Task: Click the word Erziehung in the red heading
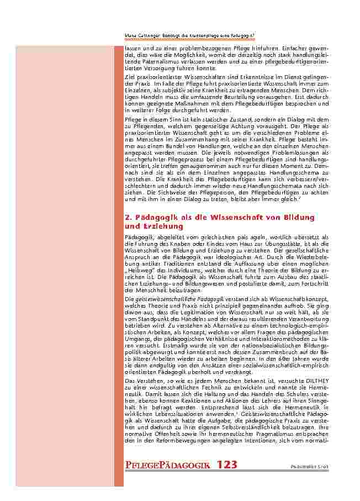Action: (x=161, y=226)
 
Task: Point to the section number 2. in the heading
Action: (x=129, y=217)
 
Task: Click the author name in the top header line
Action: (x=143, y=36)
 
